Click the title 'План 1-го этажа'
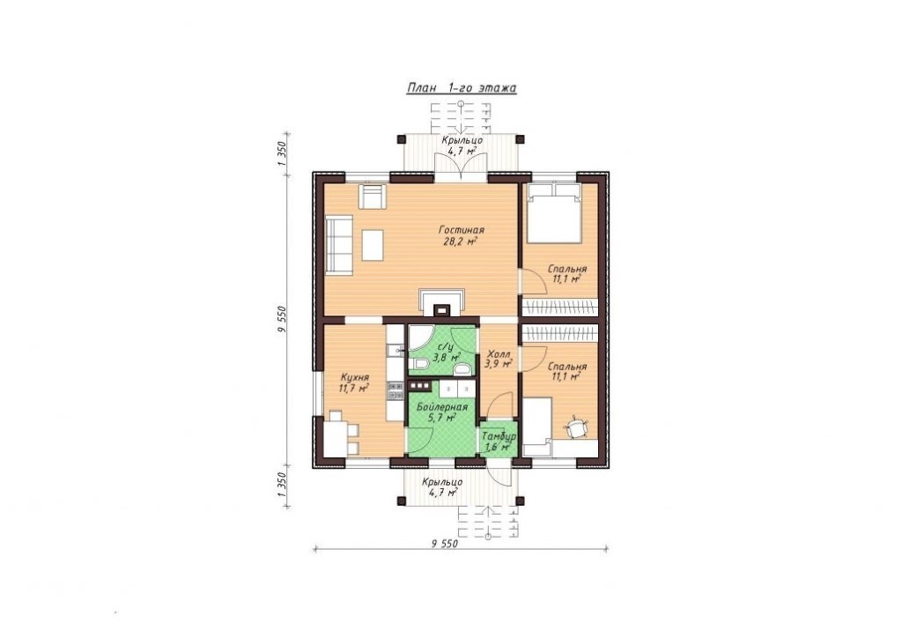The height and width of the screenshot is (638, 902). [x=461, y=88]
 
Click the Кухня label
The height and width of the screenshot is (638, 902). [x=354, y=377]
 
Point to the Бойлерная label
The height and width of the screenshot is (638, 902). [x=442, y=407]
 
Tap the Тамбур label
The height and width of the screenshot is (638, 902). [x=499, y=436]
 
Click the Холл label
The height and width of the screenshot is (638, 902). [x=499, y=353]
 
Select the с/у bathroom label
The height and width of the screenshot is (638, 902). [x=447, y=347]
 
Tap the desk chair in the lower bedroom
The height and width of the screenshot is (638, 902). [x=576, y=427]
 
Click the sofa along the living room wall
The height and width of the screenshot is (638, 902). [x=339, y=244]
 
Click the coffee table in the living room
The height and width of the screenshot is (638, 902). [x=373, y=244]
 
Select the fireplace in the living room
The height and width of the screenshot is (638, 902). [x=442, y=303]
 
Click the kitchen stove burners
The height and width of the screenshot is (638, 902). [x=395, y=392]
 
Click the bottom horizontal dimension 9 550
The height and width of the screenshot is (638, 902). [x=444, y=544]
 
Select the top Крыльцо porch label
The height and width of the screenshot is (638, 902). [x=462, y=141]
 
